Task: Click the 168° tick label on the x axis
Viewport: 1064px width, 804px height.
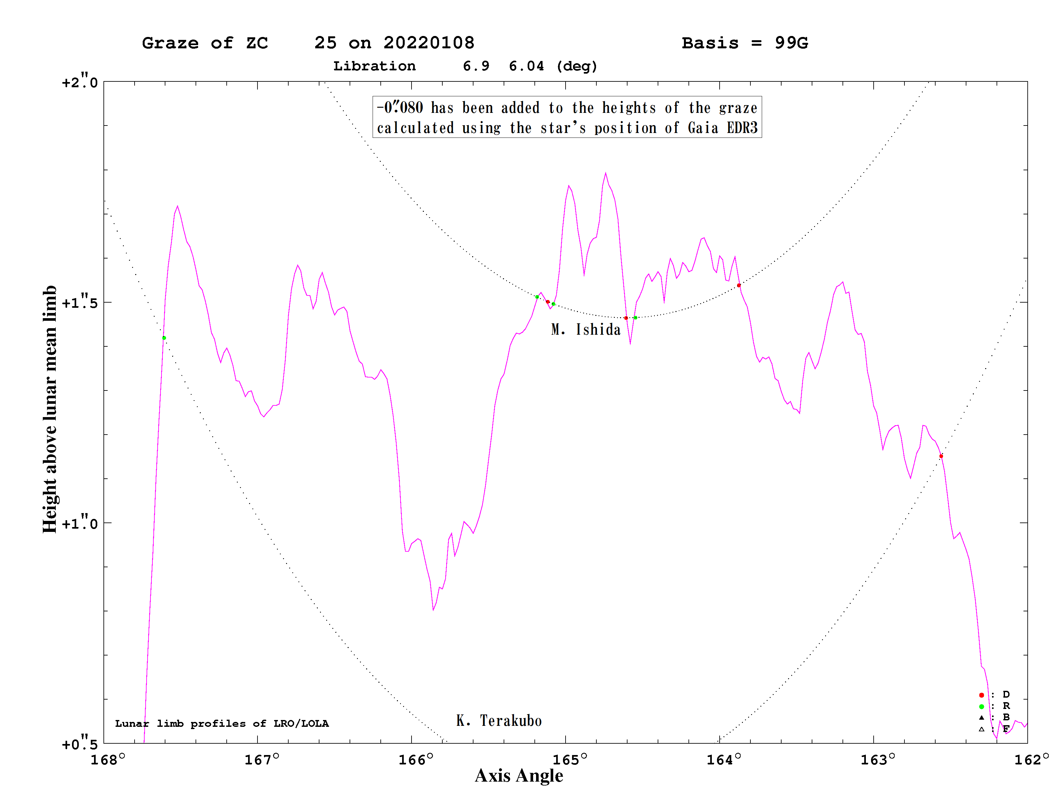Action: [x=108, y=760]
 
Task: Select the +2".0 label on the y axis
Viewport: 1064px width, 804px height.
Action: [x=80, y=82]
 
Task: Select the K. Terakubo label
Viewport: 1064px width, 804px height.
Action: [x=499, y=721]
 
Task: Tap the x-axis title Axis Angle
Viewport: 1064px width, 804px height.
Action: [x=519, y=775]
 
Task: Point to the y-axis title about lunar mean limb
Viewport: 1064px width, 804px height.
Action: [x=50, y=409]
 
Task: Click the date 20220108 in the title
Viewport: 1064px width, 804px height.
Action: [x=429, y=43]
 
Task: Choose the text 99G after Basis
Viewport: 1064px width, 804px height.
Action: [x=791, y=43]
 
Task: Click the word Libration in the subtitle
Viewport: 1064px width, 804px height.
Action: [x=374, y=66]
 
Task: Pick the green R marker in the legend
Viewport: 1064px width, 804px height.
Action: [x=982, y=707]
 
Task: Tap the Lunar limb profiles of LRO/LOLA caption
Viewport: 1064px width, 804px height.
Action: [x=222, y=724]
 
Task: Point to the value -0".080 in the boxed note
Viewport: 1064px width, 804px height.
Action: [x=400, y=107]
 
